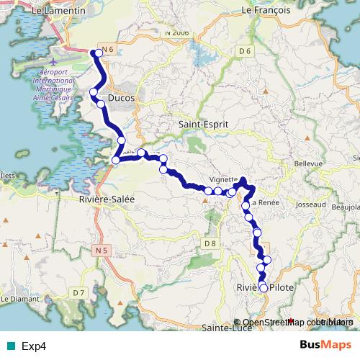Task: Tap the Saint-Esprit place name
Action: pyautogui.click(x=203, y=125)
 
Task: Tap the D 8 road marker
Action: pyautogui.click(x=210, y=243)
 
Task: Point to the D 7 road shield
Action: pyautogui.click(x=78, y=292)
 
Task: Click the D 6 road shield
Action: pyautogui.click(x=246, y=50)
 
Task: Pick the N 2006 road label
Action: pyautogui.click(x=176, y=32)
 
